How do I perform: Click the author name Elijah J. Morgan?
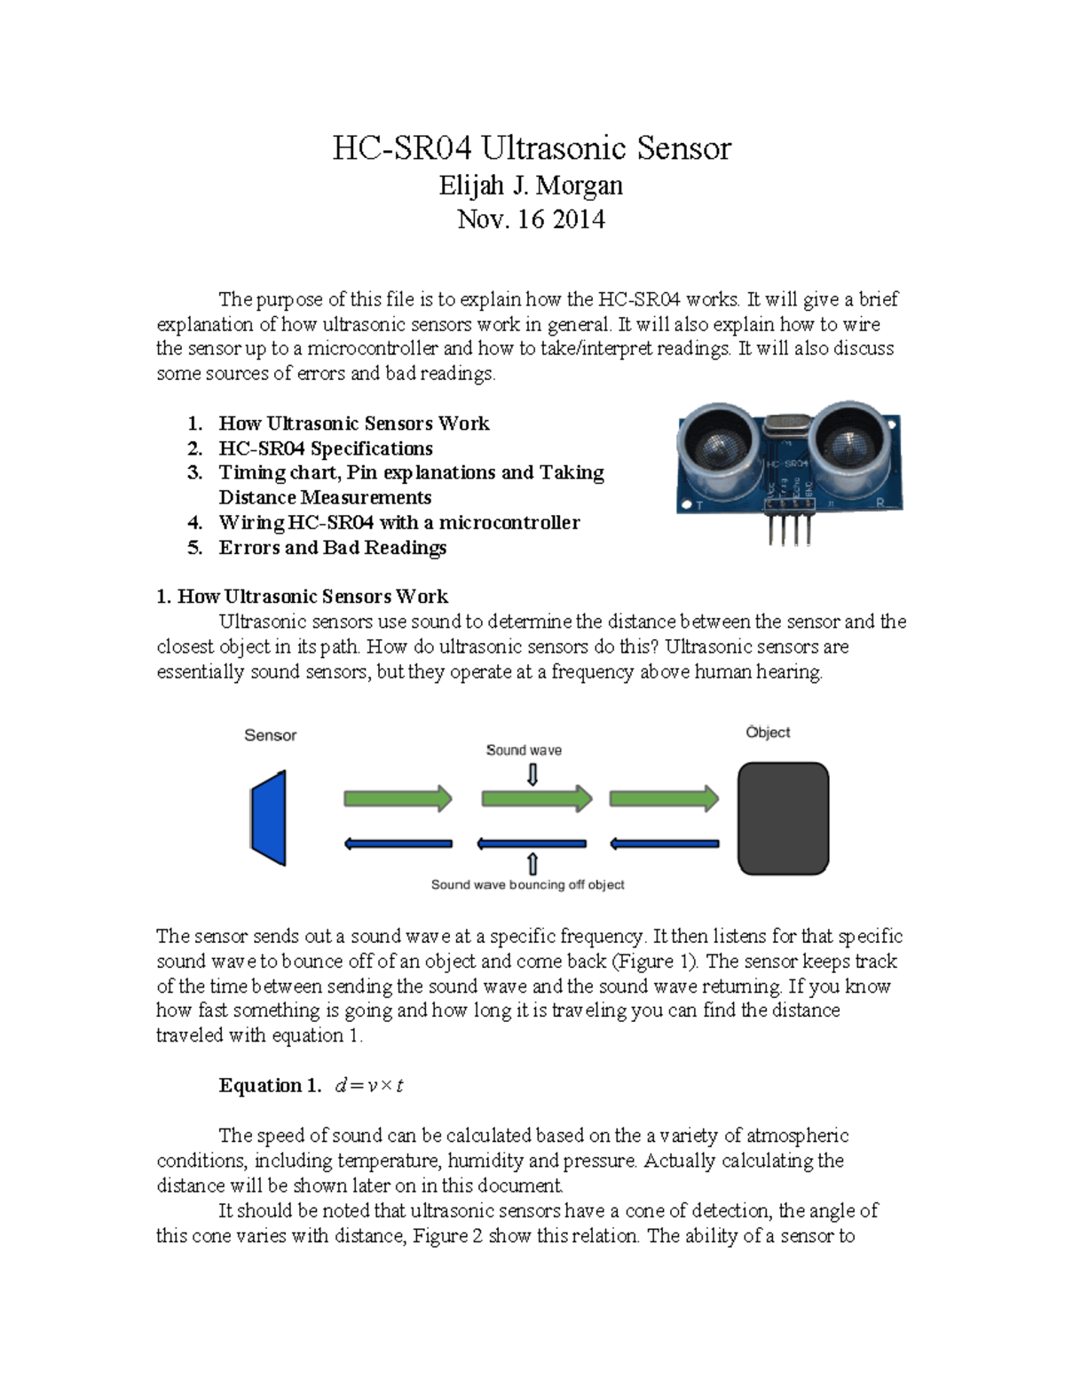531,186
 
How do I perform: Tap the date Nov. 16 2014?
531,219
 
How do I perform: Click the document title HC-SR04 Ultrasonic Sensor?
531,147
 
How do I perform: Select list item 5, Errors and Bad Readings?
332,548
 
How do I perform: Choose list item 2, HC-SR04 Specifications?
326,448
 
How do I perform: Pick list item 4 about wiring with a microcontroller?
398,523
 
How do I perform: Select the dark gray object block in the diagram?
783,818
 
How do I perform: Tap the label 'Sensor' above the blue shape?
270,735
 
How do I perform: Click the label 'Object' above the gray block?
768,733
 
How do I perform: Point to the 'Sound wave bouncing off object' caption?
527,884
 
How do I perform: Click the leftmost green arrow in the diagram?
398,798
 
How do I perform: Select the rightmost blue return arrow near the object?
664,844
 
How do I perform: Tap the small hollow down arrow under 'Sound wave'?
532,775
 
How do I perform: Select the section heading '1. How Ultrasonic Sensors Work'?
302,597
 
